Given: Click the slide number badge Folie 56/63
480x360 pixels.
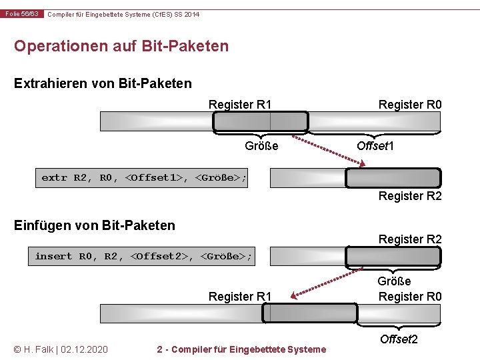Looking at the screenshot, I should (x=23, y=14).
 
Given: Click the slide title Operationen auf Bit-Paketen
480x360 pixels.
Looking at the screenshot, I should (x=121, y=46).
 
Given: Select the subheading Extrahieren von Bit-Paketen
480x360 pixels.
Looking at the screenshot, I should (x=103, y=83).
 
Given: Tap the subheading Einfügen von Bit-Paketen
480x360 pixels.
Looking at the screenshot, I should (x=95, y=225).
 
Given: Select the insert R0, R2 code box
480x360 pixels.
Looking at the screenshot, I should (x=144, y=256).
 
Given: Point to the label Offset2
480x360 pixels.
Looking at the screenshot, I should (x=399, y=339).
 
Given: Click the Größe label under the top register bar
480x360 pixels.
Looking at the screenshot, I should (x=261, y=145).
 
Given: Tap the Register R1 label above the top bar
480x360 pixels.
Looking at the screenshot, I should (x=240, y=104).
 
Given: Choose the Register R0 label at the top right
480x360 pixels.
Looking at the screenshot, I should (x=410, y=104).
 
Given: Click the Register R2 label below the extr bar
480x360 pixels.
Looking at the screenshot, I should (x=410, y=196).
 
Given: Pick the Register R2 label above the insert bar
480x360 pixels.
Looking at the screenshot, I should (x=410, y=239).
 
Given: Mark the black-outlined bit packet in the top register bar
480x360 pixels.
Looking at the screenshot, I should (x=260, y=121).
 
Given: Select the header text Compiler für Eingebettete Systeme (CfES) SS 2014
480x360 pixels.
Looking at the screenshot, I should (x=123, y=14).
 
